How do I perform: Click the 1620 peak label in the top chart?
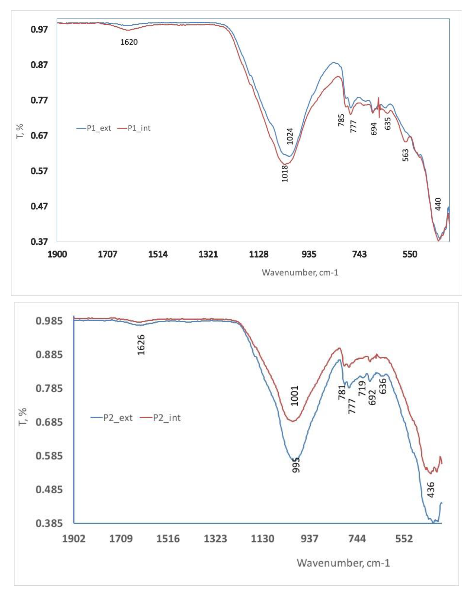pos(129,42)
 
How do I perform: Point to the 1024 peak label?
pos(290,136)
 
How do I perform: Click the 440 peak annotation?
pos(438,204)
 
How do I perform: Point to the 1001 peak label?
pos(295,396)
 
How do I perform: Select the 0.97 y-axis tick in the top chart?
pos(39,29)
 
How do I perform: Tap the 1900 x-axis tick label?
pos(57,254)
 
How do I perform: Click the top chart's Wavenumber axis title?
pos(300,272)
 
